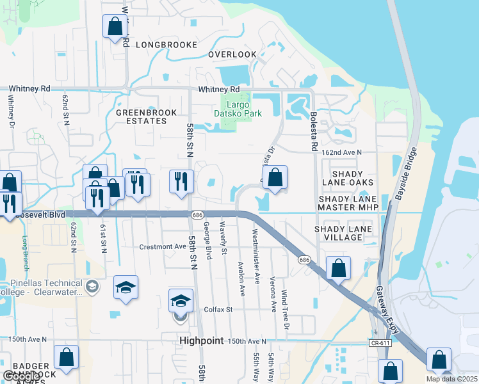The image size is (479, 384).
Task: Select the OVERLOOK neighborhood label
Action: click(x=232, y=55)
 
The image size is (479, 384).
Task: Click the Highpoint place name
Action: click(x=202, y=341)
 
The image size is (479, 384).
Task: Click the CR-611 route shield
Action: click(x=378, y=344)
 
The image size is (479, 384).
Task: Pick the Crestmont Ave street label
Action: click(x=163, y=246)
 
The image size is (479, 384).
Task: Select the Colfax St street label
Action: click(x=218, y=309)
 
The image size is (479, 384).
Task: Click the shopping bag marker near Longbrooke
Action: click(x=115, y=28)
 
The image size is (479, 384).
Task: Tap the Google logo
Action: click(x=20, y=376)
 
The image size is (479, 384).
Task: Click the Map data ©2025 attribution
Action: click(x=451, y=379)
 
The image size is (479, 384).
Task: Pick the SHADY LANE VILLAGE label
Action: click(x=338, y=233)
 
